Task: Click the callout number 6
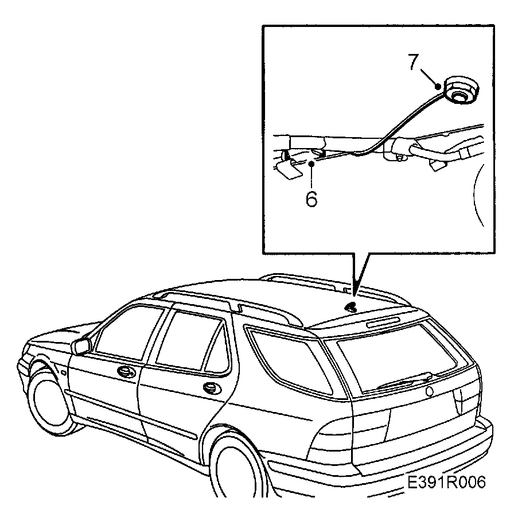pos(311,199)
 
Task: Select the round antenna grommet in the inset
pos(458,91)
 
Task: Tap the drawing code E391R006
pos(447,482)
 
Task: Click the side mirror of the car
pos(81,346)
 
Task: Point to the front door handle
pos(123,371)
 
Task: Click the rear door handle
pos(213,388)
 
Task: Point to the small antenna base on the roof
pos(351,308)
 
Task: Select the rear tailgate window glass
pos(402,356)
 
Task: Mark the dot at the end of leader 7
pos(439,86)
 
